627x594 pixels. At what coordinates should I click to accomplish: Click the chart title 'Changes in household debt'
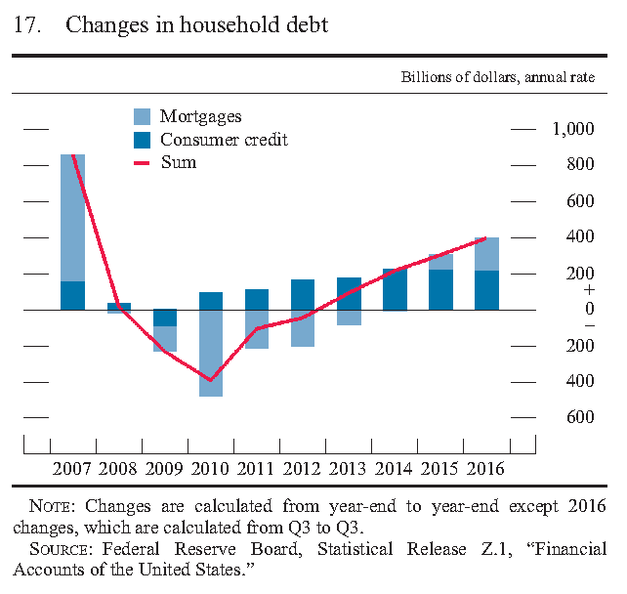tap(196, 26)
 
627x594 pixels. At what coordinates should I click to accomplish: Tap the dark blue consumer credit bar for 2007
tap(72, 295)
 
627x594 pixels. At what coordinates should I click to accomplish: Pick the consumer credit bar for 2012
tap(303, 294)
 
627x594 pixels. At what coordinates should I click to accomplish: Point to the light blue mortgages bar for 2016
tap(486, 254)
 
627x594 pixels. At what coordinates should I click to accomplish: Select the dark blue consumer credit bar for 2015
tap(440, 289)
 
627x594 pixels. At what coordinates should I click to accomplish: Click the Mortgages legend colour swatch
tap(142, 117)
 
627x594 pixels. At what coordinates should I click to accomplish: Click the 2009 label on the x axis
tap(165, 468)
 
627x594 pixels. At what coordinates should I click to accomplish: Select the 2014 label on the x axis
tap(395, 468)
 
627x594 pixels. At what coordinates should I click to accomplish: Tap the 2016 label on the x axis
tap(486, 468)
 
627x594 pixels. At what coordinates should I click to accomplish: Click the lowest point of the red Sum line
tap(210, 380)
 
